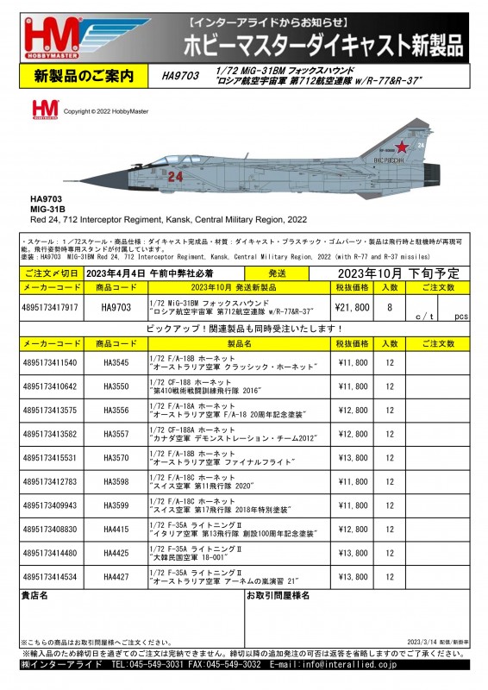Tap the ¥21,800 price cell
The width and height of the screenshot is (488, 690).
click(352, 306)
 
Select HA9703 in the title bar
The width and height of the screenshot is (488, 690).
click(179, 76)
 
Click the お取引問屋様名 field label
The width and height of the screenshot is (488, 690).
click(278, 595)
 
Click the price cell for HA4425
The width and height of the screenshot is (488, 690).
click(352, 553)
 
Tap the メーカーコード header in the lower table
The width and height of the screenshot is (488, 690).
click(50, 343)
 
